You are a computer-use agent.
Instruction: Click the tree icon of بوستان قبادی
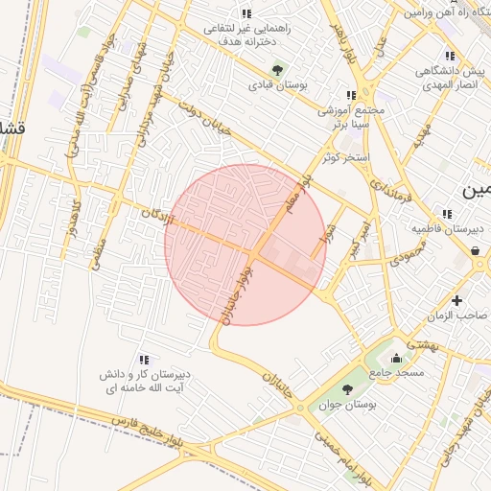click(278, 69)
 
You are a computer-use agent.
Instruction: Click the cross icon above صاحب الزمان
click(470, 300)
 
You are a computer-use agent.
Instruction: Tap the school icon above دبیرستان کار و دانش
click(144, 359)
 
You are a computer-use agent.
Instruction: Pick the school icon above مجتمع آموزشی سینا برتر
click(350, 95)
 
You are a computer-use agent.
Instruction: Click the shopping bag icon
click(476, 251)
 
